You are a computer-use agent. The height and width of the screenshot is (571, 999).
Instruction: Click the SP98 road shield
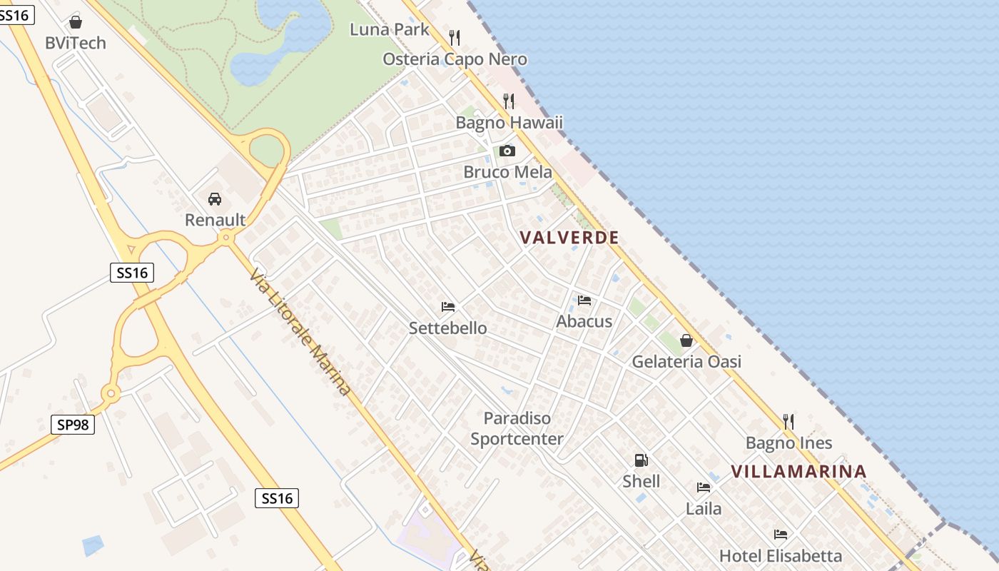73,425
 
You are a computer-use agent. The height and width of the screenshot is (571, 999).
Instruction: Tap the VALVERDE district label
569,238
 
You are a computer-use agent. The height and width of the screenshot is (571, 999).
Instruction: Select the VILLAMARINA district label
798,471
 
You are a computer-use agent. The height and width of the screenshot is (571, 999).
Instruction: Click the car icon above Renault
215,199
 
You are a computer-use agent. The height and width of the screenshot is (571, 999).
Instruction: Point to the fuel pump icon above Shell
641,460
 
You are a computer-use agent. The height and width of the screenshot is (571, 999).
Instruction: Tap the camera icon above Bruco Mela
507,151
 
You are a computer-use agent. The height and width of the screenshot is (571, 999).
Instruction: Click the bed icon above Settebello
448,307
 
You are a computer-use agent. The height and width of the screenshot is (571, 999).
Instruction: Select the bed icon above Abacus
584,300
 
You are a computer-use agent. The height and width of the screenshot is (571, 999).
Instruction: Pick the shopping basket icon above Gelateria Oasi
686,340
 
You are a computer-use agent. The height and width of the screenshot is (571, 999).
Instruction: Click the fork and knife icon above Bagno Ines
788,422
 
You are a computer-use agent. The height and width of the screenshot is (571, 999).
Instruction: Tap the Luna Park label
390,29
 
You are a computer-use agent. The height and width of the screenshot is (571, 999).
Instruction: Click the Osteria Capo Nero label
455,59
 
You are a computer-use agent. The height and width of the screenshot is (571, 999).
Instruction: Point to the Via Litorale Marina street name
300,332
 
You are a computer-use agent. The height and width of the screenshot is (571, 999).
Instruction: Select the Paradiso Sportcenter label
517,428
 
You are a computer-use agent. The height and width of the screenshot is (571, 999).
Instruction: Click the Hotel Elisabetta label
781,555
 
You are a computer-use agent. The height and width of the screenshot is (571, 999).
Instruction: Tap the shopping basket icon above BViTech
76,22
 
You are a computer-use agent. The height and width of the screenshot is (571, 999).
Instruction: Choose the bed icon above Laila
704,488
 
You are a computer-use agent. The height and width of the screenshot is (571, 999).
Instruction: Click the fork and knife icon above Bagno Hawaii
509,101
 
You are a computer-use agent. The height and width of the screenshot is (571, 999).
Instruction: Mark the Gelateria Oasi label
686,361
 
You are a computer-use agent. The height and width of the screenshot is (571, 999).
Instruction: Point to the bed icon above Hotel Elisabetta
781,535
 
